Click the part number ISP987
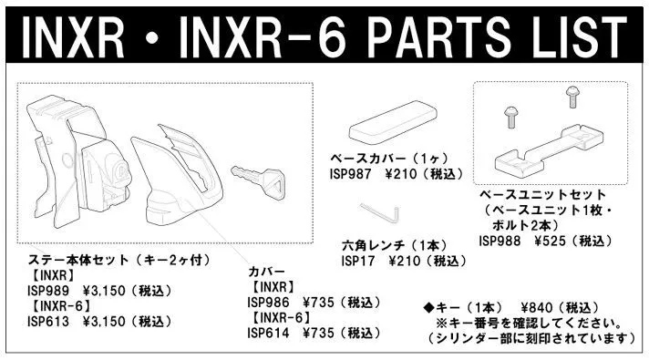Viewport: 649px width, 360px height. (351, 174)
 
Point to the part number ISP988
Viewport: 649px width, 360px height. (500, 241)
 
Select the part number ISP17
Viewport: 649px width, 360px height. (358, 261)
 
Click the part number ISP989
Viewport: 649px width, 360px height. (48, 291)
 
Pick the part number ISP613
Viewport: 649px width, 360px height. (48, 322)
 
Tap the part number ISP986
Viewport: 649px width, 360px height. (268, 303)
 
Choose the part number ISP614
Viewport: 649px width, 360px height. (268, 333)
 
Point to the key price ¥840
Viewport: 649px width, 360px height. (536, 308)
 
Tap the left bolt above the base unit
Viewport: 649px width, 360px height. (510, 117)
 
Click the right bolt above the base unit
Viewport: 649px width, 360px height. (572, 97)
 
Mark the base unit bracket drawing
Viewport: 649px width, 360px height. (549, 149)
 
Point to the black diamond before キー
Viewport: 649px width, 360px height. (428, 308)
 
